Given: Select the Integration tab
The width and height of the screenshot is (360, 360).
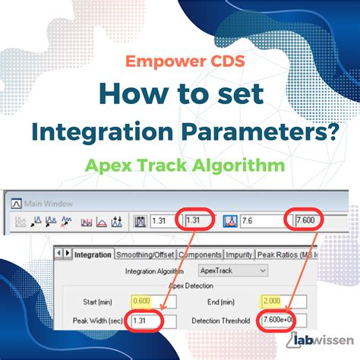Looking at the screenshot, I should point(90,254).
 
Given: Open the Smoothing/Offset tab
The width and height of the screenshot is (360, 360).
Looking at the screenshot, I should point(146,254).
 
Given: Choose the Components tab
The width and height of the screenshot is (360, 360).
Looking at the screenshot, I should point(201,254).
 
